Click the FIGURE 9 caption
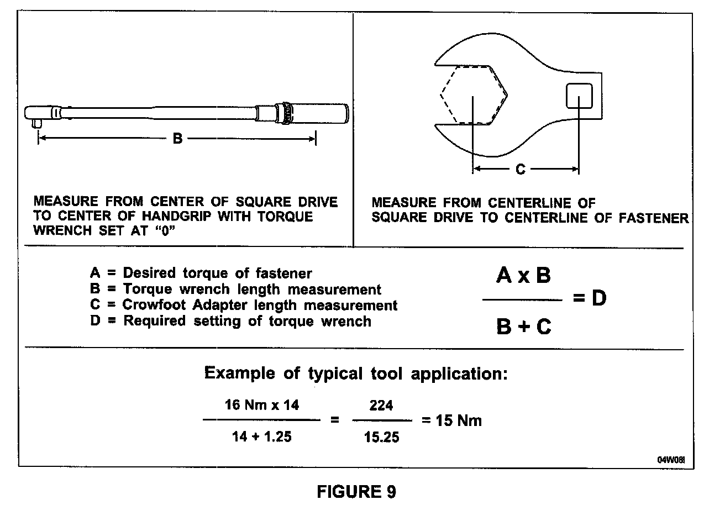click(x=356, y=491)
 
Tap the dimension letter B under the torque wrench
click(x=177, y=138)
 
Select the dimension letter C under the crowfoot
click(x=520, y=169)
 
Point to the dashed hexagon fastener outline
click(x=473, y=94)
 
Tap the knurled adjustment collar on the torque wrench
click(x=286, y=113)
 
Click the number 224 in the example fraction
click(x=381, y=406)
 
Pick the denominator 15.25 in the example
click(x=381, y=438)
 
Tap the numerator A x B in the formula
click(x=523, y=275)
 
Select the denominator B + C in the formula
click(x=523, y=327)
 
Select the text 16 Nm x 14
click(x=261, y=405)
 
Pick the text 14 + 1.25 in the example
click(x=261, y=437)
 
